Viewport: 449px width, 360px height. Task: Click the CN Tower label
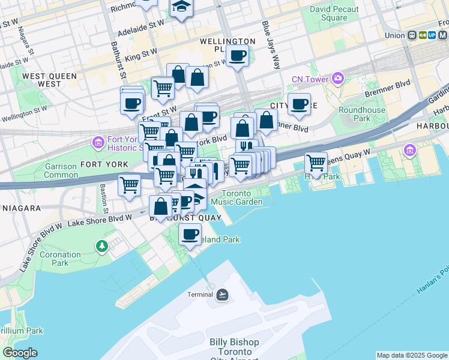point(310,79)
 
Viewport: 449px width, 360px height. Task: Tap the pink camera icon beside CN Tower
point(338,79)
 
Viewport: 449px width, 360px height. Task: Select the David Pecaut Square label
point(334,13)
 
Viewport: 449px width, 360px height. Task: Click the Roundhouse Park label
point(362,114)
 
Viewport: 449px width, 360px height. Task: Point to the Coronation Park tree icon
point(102,246)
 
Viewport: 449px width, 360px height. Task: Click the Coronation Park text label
point(60,259)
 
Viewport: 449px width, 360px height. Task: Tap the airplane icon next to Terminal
point(222,294)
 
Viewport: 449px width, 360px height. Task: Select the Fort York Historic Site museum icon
point(98,143)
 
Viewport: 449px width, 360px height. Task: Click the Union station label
point(394,35)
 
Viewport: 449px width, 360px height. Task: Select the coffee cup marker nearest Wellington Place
point(238,56)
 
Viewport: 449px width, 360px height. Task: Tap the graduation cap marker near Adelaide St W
point(180,7)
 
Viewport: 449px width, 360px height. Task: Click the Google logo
point(20,353)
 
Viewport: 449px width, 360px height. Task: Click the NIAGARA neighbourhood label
point(20,208)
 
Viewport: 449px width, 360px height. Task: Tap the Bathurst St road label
point(118,60)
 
